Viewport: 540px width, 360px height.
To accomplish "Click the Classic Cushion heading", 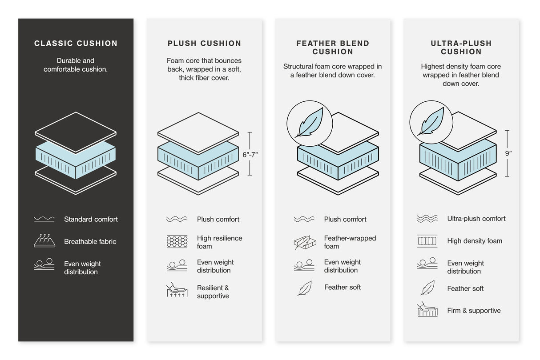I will pyautogui.click(x=76, y=44).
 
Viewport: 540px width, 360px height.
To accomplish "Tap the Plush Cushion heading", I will pyautogui.click(x=204, y=44).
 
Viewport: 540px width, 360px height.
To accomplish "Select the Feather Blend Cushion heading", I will pyautogui.click(x=333, y=48).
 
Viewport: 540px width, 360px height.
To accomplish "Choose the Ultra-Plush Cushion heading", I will pyautogui.click(x=461, y=48).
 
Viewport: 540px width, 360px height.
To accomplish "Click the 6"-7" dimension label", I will pyautogui.click(x=250, y=155).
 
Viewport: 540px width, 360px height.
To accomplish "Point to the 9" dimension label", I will pyautogui.click(x=508, y=153).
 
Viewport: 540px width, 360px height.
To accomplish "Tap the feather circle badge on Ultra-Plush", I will pyautogui.click(x=431, y=122).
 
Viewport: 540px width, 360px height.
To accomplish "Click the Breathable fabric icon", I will pyautogui.click(x=44, y=240).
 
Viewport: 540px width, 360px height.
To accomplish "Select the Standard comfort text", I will pyautogui.click(x=91, y=219).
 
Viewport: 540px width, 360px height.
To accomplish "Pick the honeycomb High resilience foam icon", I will pyautogui.click(x=177, y=242).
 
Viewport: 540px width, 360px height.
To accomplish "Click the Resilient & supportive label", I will pyautogui.click(x=213, y=292).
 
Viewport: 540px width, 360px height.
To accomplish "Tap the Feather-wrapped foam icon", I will pyautogui.click(x=305, y=242).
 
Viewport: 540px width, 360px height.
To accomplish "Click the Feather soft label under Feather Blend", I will pyautogui.click(x=343, y=287).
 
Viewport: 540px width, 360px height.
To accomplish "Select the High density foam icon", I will pyautogui.click(x=427, y=241).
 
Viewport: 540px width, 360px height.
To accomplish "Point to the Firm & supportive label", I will pyautogui.click(x=474, y=311).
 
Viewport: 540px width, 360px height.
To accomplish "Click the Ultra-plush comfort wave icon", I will pyautogui.click(x=427, y=219).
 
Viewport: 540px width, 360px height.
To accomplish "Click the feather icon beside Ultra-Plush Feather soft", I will pyautogui.click(x=427, y=288).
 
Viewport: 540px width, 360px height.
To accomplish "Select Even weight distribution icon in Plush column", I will pyautogui.click(x=177, y=266).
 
